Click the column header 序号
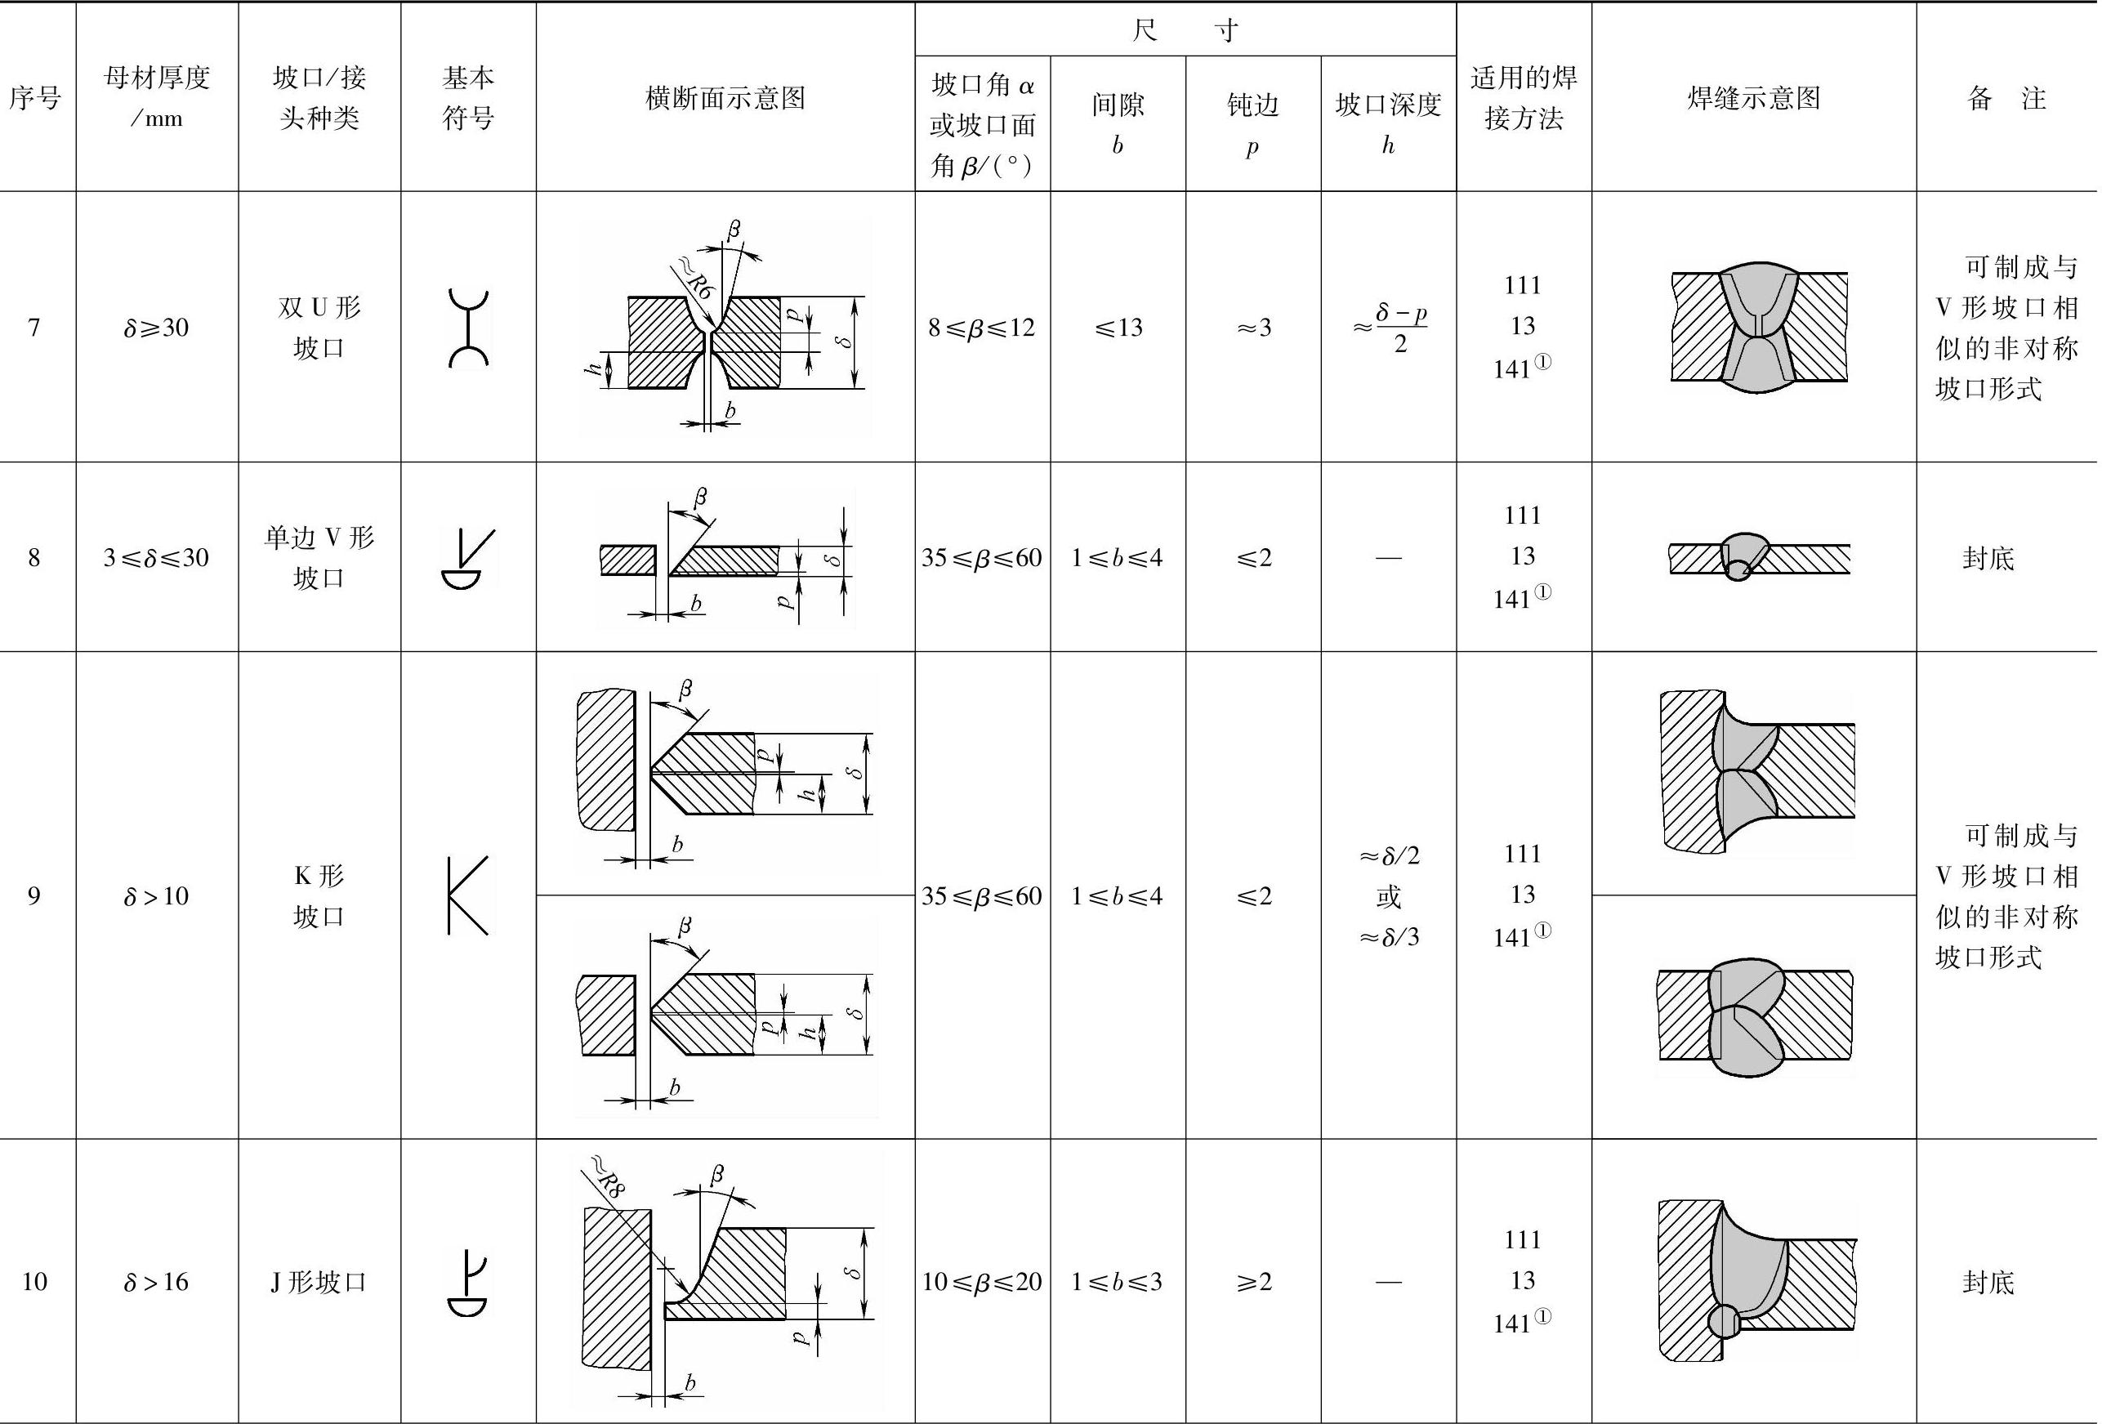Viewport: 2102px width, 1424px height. click(x=35, y=98)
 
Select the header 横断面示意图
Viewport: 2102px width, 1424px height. click(x=725, y=98)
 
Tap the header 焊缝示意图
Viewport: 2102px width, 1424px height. click(x=1753, y=98)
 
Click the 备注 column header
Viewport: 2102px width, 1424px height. click(x=2006, y=98)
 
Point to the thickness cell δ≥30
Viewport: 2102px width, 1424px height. click(x=157, y=328)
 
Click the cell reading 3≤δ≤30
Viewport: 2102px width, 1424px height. click(x=157, y=557)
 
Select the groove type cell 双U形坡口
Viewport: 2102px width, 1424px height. click(x=319, y=328)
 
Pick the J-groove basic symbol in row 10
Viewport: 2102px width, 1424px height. click(x=467, y=1282)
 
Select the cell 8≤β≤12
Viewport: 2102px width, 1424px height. click(x=981, y=328)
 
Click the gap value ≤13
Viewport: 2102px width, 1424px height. click(x=1117, y=328)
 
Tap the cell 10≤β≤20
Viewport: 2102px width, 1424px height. click(x=981, y=1282)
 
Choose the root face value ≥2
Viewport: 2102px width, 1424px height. click(x=1252, y=1282)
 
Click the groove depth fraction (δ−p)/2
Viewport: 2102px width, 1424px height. click(x=1393, y=328)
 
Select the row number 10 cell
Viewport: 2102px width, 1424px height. click(x=35, y=1282)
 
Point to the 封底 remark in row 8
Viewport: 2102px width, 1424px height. click(x=1988, y=558)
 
